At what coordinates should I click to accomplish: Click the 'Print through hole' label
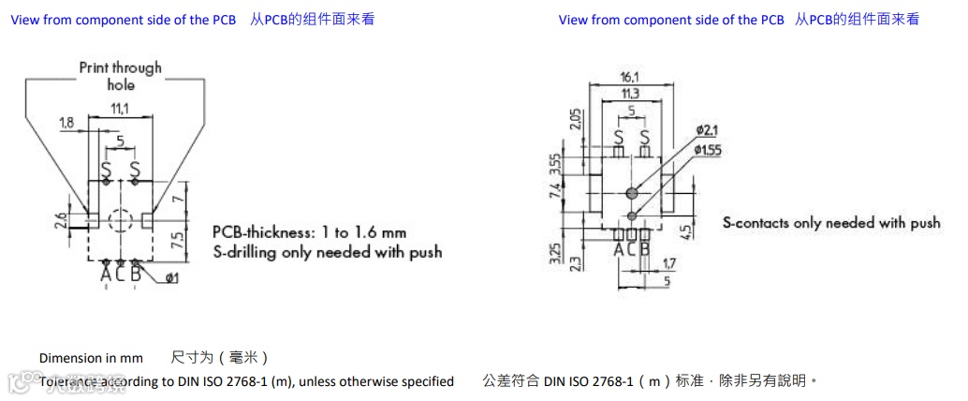click(120, 75)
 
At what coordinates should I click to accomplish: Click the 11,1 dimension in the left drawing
click(120, 110)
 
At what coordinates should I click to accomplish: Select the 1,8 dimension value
click(66, 123)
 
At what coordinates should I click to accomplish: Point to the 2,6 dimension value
click(61, 221)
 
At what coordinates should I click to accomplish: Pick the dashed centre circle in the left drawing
click(120, 221)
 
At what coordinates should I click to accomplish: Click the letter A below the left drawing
click(106, 274)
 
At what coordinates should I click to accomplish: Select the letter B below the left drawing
click(136, 274)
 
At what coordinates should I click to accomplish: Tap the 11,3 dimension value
click(629, 94)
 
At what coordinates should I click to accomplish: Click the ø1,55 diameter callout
click(711, 149)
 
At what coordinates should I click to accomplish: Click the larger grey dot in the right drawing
click(632, 193)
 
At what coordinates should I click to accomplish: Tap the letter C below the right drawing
click(631, 249)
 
